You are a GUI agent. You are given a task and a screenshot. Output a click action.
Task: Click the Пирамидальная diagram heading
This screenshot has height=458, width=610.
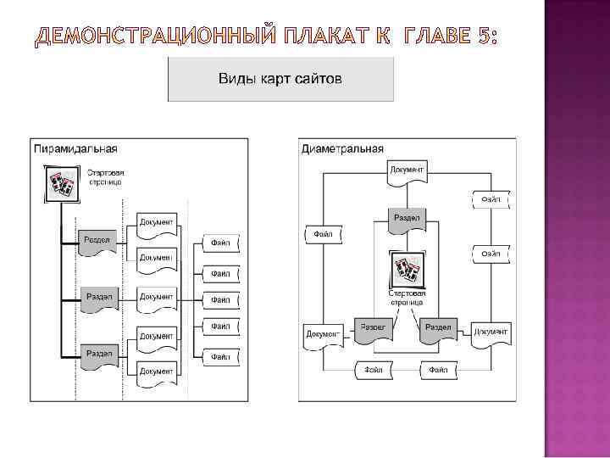(x=75, y=148)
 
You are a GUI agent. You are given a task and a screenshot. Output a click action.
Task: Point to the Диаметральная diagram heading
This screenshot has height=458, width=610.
(x=342, y=149)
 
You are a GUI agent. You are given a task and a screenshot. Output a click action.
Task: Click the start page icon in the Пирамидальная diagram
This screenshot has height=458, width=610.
(x=59, y=183)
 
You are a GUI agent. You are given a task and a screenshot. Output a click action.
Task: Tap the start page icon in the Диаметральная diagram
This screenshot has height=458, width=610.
(x=407, y=271)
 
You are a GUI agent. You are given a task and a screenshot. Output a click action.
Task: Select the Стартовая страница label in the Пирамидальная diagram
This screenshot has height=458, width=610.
(x=104, y=177)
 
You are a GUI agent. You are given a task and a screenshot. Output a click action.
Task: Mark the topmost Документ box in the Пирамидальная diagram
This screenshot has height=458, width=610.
(x=157, y=224)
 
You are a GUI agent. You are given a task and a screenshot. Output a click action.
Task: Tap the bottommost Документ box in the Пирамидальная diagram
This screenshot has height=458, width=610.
(x=157, y=371)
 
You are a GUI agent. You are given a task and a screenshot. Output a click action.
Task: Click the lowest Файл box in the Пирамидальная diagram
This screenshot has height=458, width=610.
(x=220, y=357)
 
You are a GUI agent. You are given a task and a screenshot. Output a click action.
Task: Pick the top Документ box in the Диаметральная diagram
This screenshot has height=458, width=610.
(x=408, y=170)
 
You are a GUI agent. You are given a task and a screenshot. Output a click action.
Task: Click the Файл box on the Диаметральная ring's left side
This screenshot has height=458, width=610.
(x=323, y=233)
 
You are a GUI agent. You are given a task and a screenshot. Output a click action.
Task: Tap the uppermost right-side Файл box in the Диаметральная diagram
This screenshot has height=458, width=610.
(x=491, y=199)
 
